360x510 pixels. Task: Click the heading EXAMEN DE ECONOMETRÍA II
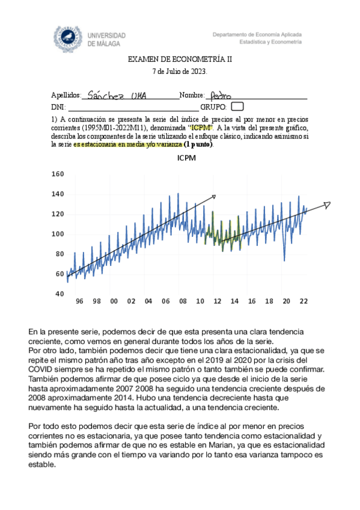180,60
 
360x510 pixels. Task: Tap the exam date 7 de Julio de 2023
180,72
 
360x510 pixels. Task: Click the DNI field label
57,107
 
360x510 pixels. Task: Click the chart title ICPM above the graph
187,158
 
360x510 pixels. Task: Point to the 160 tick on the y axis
57,174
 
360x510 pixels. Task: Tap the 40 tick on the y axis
59,293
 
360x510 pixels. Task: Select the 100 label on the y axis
57,234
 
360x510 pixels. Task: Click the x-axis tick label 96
79,301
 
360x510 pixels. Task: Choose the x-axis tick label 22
304,301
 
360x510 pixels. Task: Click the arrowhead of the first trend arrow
213,195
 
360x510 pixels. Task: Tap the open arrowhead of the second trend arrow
326,205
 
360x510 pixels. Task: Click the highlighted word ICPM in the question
201,128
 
